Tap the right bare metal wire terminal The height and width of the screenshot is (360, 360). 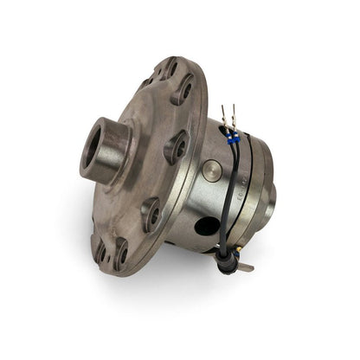pos(233,113)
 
